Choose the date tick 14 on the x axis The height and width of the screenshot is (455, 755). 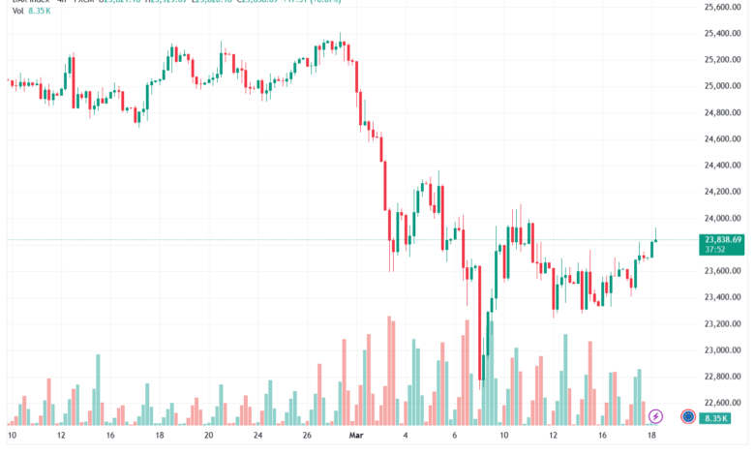(109, 436)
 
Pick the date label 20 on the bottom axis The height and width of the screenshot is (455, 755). (208, 436)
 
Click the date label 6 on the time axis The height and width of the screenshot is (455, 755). (454, 436)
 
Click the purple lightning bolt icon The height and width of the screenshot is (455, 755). (656, 416)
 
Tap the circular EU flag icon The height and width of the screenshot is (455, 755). (688, 416)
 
